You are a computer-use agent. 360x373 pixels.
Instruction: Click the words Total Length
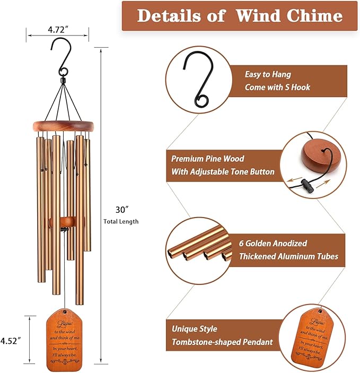click(121, 221)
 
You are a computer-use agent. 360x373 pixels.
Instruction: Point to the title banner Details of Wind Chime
click(240, 16)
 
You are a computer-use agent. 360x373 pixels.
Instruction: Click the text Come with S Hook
click(277, 87)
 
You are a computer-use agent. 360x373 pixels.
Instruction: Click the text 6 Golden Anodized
click(275, 244)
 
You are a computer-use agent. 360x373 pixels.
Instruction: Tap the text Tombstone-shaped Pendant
click(223, 343)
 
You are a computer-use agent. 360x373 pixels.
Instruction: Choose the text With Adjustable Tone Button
click(223, 171)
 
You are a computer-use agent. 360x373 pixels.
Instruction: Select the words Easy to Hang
click(268, 75)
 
